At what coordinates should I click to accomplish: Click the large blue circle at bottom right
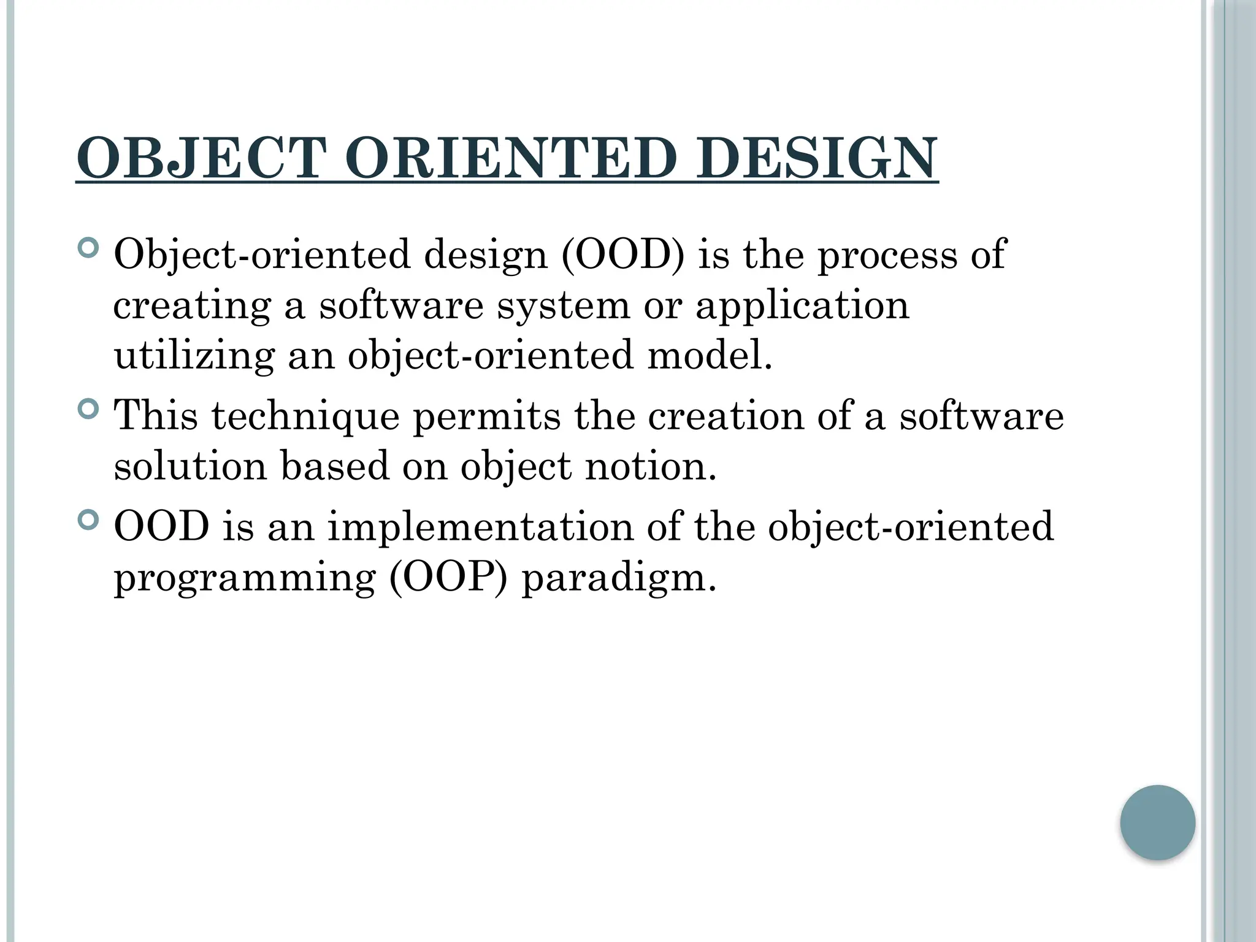1157,822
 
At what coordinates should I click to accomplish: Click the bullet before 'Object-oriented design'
89,248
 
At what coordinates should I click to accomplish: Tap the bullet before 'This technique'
89,408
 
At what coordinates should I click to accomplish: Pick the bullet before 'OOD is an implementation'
89,520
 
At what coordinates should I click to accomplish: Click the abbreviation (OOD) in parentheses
622,255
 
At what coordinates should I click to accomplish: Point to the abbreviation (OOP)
448,578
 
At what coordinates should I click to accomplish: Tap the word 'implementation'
480,527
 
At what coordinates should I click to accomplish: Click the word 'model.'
710,355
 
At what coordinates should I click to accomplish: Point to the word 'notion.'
651,467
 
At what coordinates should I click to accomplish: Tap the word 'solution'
190,467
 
